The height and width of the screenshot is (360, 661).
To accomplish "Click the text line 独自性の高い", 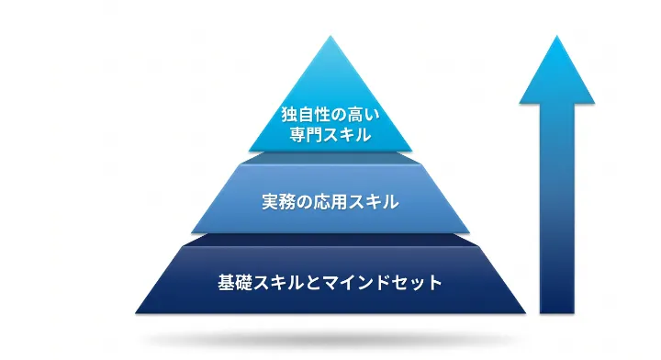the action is (x=330, y=115).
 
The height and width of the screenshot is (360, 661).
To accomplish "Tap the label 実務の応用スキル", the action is (x=330, y=202).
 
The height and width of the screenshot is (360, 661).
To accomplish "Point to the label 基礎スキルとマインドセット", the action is (x=330, y=281).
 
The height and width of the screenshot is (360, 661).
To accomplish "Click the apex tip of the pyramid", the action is (x=330, y=38).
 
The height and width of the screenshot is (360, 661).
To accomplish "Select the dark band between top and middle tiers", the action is (x=330, y=159).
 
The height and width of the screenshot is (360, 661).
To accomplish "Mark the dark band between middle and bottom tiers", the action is (x=330, y=239).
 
